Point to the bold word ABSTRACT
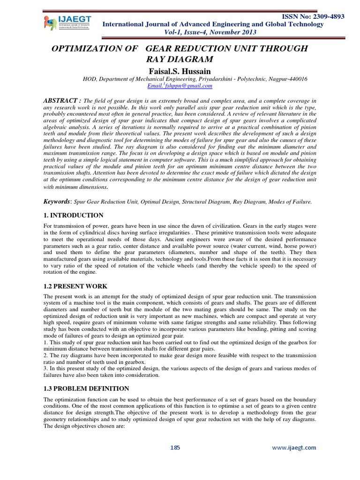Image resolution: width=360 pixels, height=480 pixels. [x=61, y=100]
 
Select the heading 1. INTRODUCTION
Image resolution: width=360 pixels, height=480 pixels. [x=73, y=215]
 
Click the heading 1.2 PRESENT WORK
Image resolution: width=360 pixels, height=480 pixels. [x=75, y=285]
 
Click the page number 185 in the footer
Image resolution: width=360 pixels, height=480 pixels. [x=175, y=448]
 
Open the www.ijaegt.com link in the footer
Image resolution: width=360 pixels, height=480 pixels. [x=294, y=448]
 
